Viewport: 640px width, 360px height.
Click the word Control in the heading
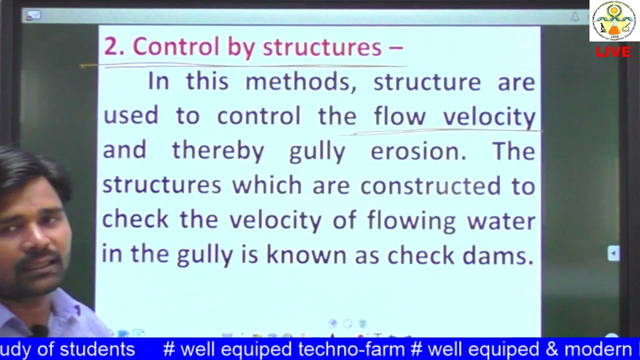[x=175, y=47]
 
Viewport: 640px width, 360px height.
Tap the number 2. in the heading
[x=114, y=47]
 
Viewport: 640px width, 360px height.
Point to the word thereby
[x=218, y=151]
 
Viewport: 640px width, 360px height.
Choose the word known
[x=306, y=255]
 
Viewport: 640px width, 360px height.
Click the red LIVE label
[x=613, y=52]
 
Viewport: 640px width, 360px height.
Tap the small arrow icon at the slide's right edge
[x=613, y=253]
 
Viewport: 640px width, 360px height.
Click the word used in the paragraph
[x=130, y=116]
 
